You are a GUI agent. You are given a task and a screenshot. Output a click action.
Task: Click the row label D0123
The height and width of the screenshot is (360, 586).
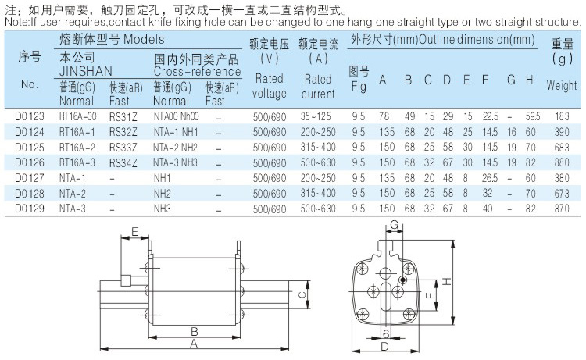click(30, 116)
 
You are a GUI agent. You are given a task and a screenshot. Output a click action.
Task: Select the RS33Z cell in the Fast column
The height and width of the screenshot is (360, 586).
click(123, 148)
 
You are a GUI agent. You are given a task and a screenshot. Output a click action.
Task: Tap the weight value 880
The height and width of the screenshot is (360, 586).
click(562, 163)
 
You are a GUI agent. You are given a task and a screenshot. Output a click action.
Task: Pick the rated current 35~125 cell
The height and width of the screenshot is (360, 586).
click(316, 116)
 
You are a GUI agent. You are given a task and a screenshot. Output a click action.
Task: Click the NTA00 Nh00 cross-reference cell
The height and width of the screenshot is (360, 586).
click(176, 116)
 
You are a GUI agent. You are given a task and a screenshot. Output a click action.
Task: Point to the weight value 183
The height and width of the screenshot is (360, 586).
click(562, 116)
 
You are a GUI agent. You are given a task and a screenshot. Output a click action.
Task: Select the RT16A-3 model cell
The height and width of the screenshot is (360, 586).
click(77, 163)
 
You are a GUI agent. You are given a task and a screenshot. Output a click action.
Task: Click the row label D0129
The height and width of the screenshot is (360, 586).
click(30, 209)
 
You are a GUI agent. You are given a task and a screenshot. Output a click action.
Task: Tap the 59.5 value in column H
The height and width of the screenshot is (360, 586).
click(533, 116)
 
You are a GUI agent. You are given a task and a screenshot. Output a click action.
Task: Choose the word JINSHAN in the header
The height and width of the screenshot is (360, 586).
click(86, 71)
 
